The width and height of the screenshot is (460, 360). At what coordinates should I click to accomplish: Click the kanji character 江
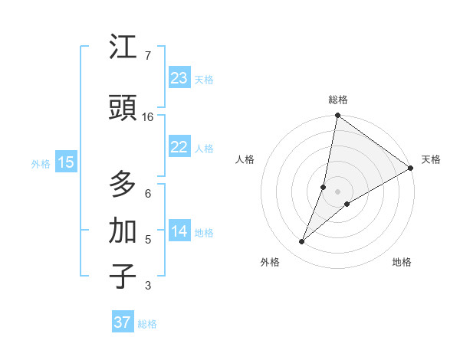click(x=123, y=47)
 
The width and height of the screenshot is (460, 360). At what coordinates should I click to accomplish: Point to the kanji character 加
click(x=123, y=230)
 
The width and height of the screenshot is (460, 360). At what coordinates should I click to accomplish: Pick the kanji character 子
click(x=123, y=277)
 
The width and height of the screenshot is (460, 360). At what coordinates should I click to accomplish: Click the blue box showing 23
click(x=179, y=78)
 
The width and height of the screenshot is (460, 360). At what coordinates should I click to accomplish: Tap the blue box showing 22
click(x=179, y=148)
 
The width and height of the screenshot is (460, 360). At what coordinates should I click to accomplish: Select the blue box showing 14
click(x=179, y=232)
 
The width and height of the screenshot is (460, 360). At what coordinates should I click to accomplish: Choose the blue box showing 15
click(x=66, y=162)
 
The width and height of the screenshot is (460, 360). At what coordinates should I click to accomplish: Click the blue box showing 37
click(x=123, y=322)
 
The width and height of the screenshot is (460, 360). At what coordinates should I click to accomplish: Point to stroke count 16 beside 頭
click(x=148, y=117)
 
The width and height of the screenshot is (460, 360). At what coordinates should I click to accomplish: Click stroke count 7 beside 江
click(x=147, y=56)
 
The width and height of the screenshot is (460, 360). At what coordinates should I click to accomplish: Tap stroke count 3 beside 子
click(x=147, y=286)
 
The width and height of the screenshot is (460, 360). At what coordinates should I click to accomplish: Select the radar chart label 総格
click(x=338, y=100)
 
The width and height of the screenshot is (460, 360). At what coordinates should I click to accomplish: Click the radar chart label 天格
click(x=431, y=159)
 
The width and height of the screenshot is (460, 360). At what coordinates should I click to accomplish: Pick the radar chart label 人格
click(x=245, y=159)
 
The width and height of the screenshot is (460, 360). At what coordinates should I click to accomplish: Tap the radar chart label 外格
click(x=270, y=262)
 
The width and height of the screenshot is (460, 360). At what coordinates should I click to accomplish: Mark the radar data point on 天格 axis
click(x=411, y=168)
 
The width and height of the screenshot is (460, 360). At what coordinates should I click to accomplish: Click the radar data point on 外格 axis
click(x=302, y=242)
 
